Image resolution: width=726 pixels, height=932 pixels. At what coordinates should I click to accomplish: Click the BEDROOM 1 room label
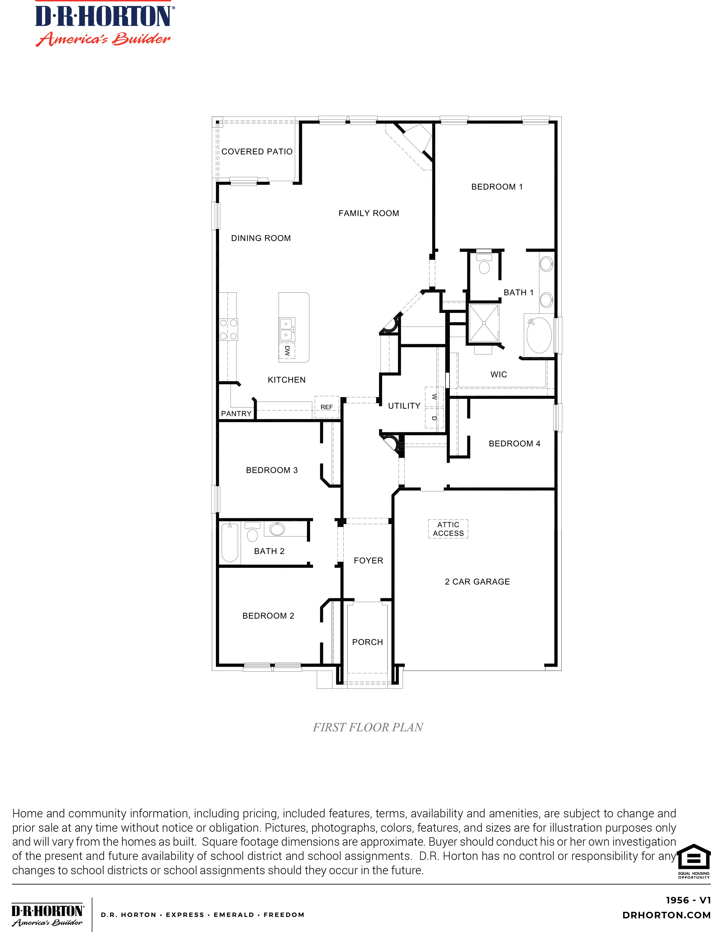coord(497,187)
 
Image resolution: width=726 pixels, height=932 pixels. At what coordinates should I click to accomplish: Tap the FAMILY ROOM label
coord(369,213)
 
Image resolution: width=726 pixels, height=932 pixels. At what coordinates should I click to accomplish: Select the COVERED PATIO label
coord(257,152)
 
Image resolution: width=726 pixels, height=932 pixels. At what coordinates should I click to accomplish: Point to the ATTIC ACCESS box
coord(448,529)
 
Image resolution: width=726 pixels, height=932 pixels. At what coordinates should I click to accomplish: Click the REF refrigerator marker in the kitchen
coord(326,407)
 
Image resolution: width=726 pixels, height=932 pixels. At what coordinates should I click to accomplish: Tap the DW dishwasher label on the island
coord(287,351)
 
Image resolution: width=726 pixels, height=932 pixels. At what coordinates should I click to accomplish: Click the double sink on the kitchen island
coord(286,329)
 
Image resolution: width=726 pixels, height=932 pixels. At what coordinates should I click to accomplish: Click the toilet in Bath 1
coord(484,264)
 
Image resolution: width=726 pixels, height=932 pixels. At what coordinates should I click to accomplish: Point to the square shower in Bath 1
coord(484,323)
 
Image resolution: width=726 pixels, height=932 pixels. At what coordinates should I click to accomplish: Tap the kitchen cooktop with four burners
coord(228,329)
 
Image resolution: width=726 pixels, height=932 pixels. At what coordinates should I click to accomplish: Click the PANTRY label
coord(236,413)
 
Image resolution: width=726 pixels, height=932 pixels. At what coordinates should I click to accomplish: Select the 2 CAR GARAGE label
coord(477,582)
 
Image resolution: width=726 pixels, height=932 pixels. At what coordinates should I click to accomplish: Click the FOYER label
coord(368,561)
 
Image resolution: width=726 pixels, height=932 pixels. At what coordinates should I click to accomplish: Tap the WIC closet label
coord(499,375)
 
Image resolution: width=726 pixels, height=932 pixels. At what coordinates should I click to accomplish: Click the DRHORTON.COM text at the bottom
coord(667,915)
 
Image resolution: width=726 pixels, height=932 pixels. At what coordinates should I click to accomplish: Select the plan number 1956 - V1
coord(688,900)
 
